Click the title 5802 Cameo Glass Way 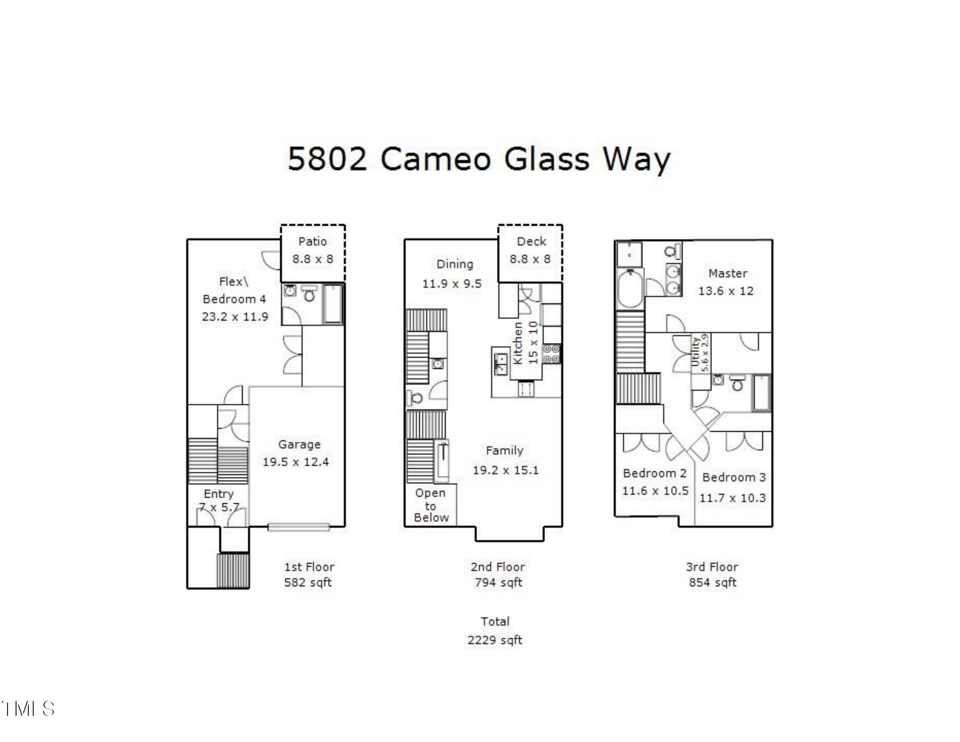coord(479,159)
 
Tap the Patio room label coord(312,241)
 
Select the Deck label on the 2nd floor coord(531,241)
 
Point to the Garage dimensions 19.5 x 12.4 coord(295,462)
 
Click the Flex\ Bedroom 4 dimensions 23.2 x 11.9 coord(235,316)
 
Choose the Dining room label coord(455,264)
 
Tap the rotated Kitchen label coord(518,343)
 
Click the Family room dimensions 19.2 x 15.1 coord(505,470)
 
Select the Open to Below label coord(431,505)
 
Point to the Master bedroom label coord(727,273)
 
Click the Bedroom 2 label coord(655,474)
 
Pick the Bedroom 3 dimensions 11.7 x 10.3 coord(732,498)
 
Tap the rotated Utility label coord(696,352)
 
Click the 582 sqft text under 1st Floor coord(308,582)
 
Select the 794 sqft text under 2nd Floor coord(498,582)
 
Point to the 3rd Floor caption coord(712,567)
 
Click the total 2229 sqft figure coord(494,640)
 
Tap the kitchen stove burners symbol coord(551,354)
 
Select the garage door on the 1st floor coord(298,527)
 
